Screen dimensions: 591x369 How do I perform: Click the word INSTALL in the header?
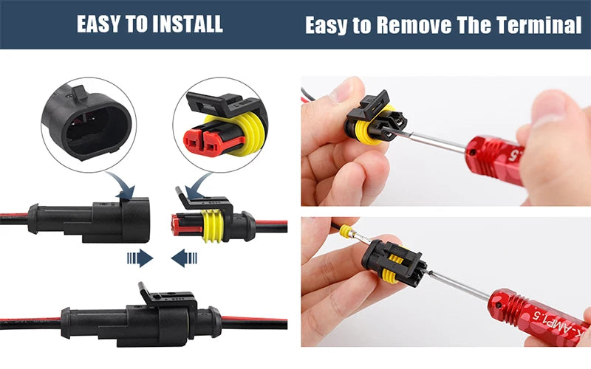pos(188,24)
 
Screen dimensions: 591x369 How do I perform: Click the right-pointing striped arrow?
pos(140,258)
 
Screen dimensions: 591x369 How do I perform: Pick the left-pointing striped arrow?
pos(184,258)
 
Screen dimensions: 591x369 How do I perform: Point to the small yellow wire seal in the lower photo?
pos(345,231)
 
